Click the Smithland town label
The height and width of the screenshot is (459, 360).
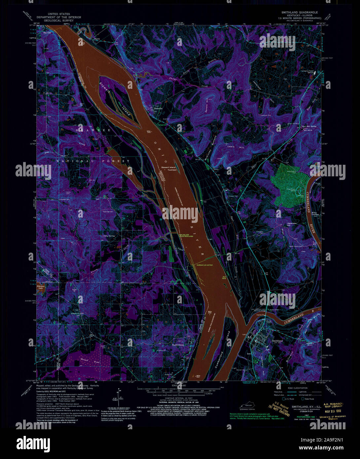(x=277, y=341)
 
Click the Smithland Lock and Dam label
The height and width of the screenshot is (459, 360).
(x=205, y=265)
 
